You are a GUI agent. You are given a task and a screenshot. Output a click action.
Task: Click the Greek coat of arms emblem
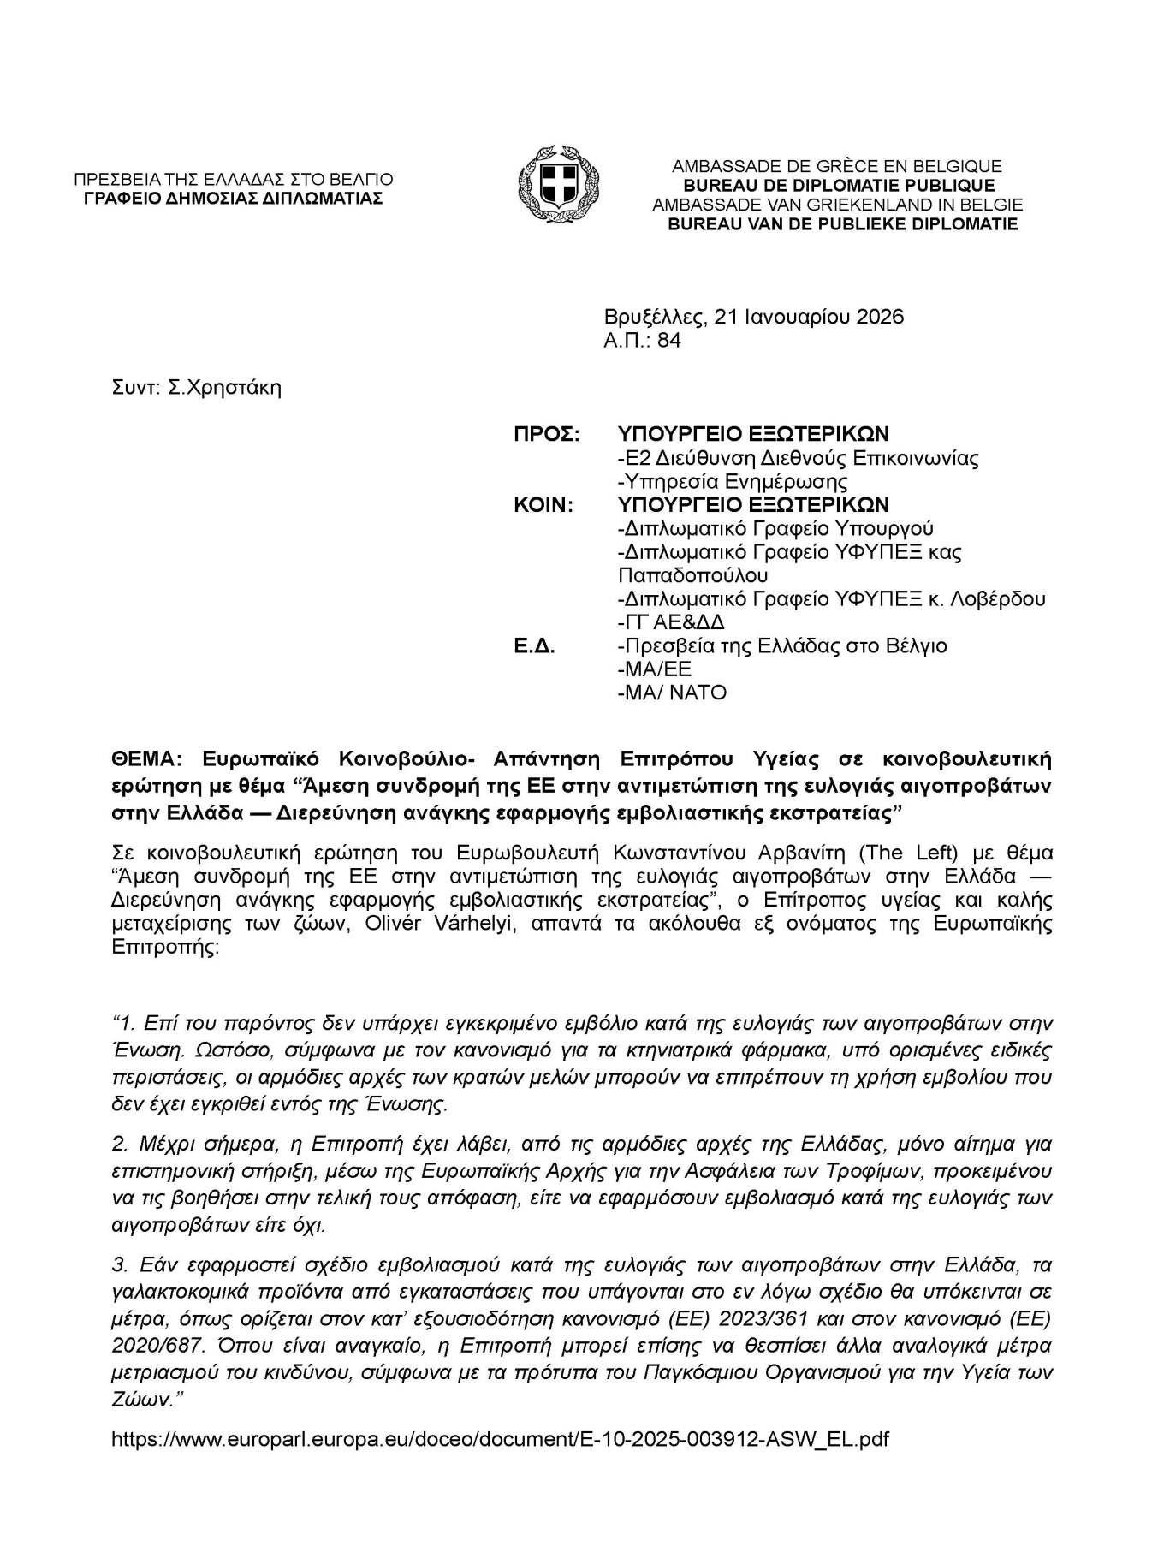pos(558,185)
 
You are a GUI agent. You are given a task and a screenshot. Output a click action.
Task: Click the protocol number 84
pos(669,341)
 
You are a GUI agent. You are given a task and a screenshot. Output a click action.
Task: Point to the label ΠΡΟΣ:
pos(546,434)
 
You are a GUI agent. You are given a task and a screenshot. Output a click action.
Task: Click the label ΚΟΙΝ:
pos(543,505)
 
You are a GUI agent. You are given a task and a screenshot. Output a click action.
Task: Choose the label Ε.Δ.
pos(534,645)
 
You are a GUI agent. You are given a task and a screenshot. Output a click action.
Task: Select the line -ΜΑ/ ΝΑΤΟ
pos(672,693)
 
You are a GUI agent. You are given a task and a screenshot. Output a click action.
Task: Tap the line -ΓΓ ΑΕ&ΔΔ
pos(671,622)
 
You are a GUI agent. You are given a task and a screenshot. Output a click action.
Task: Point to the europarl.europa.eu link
pos(500,1439)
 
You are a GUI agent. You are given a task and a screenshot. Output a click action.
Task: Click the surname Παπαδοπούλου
pos(692,575)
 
